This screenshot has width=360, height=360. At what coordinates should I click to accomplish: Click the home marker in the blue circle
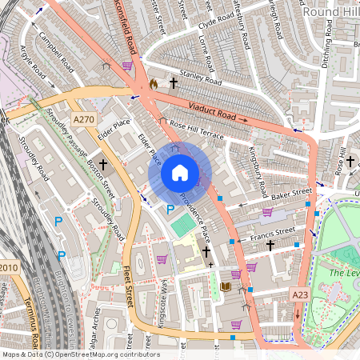click(x=180, y=173)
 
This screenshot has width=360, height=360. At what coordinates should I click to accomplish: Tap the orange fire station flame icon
click(x=154, y=82)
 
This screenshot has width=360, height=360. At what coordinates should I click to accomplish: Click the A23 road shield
click(x=300, y=294)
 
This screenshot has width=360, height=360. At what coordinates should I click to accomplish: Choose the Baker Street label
click(x=290, y=194)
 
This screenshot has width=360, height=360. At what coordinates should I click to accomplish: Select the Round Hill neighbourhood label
click(x=330, y=12)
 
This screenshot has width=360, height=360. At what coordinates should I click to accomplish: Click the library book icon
click(x=225, y=286)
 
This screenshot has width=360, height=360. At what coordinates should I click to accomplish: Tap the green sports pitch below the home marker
click(x=182, y=225)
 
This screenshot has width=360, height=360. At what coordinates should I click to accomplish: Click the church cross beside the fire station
click(x=174, y=82)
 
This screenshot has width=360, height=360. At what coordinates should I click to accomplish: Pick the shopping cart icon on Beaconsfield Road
click(x=127, y=66)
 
